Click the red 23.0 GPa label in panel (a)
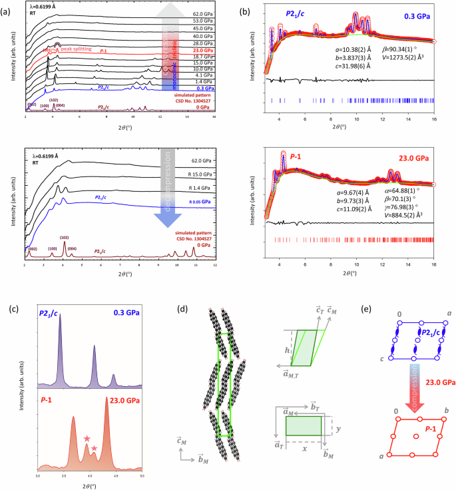point(193,50)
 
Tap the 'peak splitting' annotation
point(76,49)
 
